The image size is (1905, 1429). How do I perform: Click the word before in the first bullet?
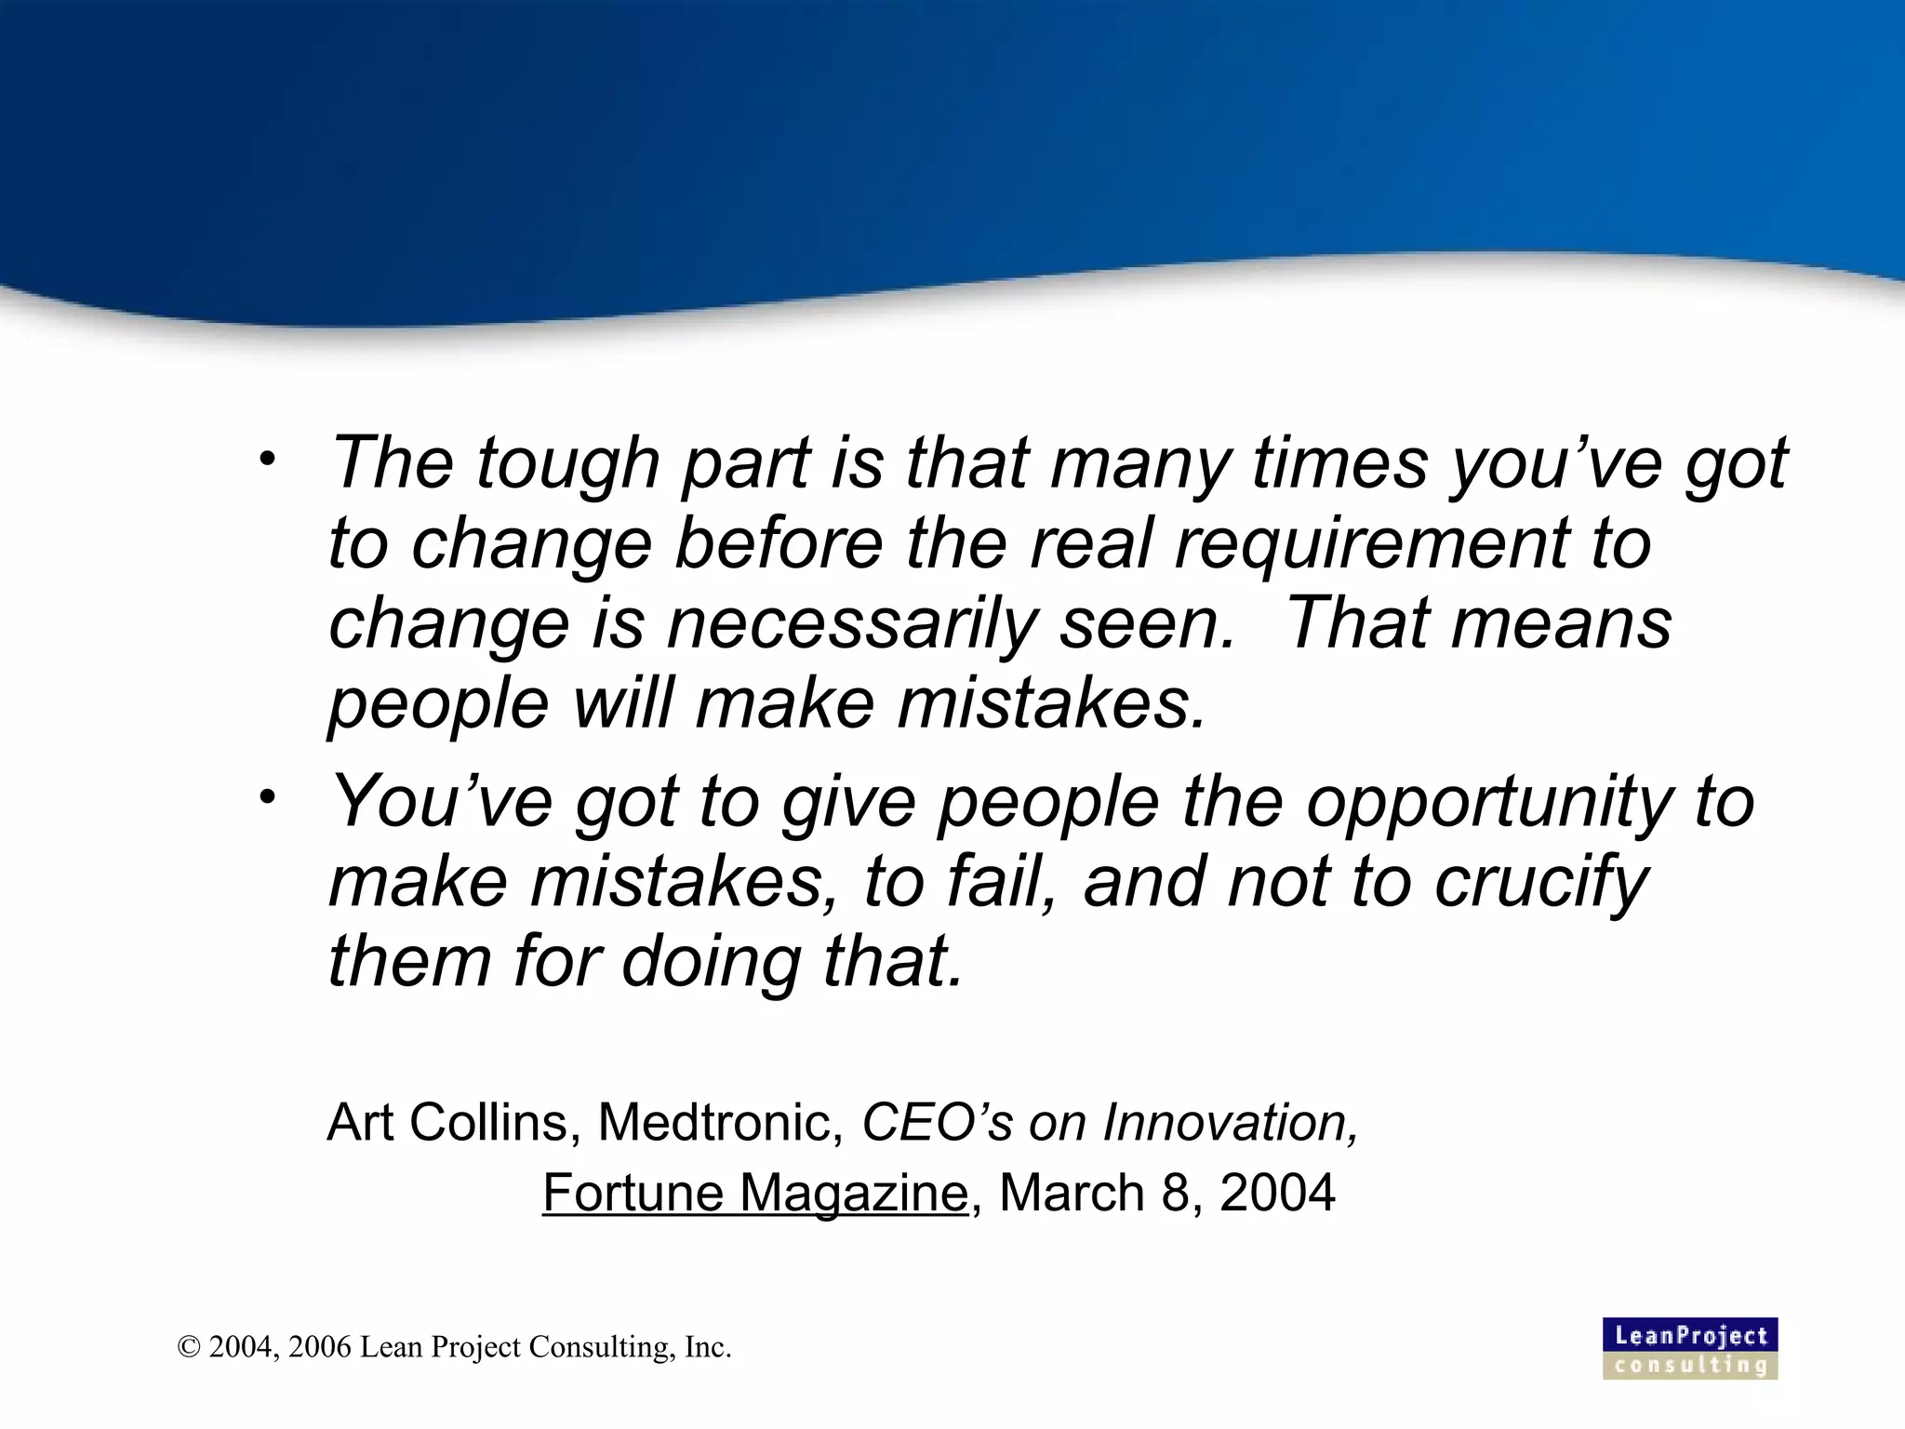(x=778, y=542)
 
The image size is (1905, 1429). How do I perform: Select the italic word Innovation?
(x=1230, y=1122)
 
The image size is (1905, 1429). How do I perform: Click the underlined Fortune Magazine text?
(x=754, y=1193)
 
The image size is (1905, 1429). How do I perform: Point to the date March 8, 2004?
(x=1166, y=1193)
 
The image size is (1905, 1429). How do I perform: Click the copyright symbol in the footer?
(x=189, y=1347)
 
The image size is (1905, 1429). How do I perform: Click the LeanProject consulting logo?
(x=1690, y=1348)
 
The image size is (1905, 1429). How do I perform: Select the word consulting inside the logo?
(x=1690, y=1366)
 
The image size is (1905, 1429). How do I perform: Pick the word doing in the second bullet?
(x=711, y=961)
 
